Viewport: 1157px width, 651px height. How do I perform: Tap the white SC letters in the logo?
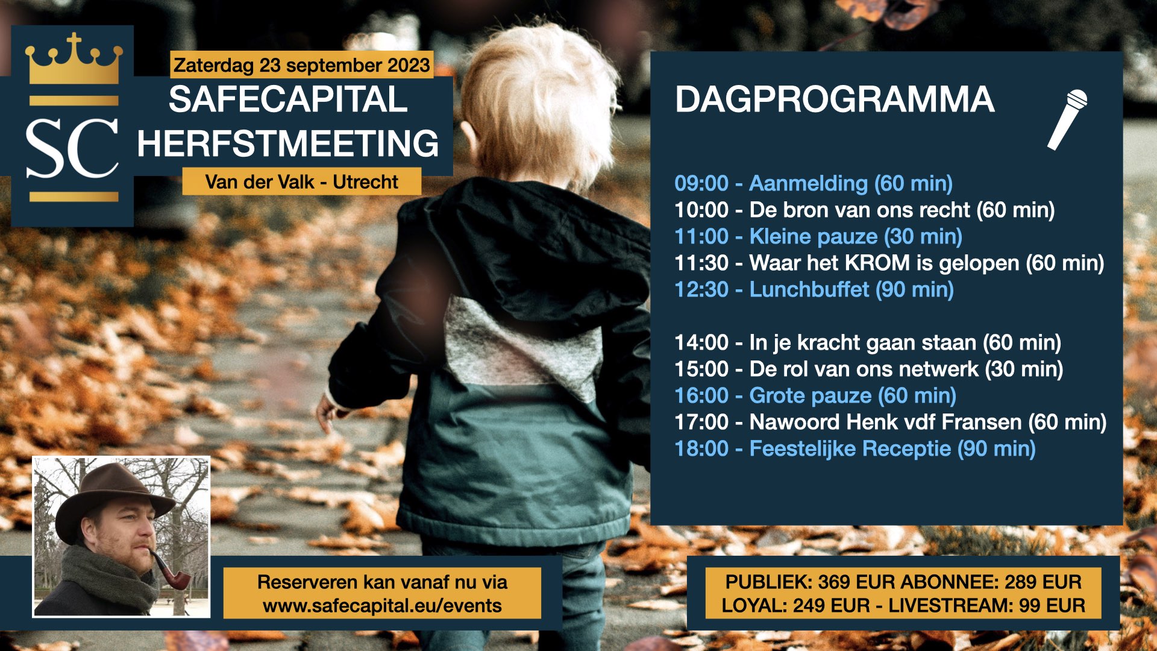pyautogui.click(x=72, y=148)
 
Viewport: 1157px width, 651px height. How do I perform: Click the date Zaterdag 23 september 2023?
pyautogui.click(x=302, y=65)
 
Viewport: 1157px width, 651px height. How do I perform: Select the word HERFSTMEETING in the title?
pyautogui.click(x=288, y=143)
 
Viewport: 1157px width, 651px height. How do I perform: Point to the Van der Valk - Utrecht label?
pyautogui.click(x=301, y=181)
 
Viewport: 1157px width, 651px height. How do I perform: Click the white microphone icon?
pyautogui.click(x=1067, y=119)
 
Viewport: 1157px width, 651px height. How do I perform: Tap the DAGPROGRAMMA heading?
pyautogui.click(x=835, y=99)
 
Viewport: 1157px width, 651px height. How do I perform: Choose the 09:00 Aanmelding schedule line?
pyautogui.click(x=814, y=183)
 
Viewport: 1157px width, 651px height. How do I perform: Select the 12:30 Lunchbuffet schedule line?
pyautogui.click(x=814, y=289)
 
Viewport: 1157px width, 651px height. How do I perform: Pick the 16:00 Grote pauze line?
pyautogui.click(x=815, y=395)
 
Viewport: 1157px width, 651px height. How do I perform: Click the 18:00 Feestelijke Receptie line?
pyautogui.click(x=855, y=448)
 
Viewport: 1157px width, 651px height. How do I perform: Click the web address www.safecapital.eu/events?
pyautogui.click(x=382, y=605)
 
